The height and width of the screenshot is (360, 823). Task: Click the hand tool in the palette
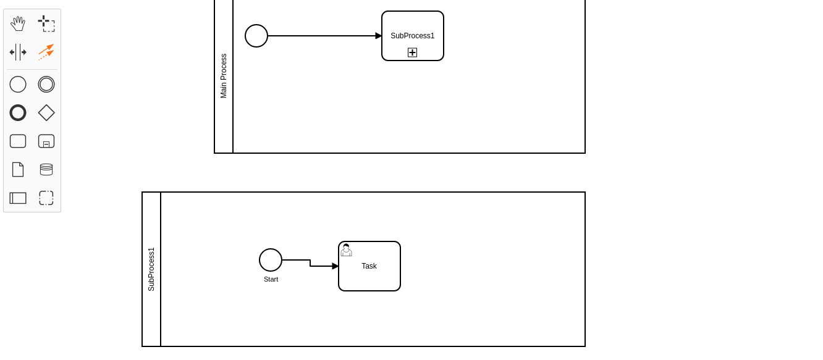click(x=18, y=23)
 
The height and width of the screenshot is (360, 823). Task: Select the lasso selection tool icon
click(x=46, y=23)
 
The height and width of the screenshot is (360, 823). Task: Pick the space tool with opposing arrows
click(x=18, y=52)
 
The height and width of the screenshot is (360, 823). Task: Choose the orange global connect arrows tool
click(x=46, y=52)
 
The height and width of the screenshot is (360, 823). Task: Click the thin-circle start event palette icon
click(x=18, y=84)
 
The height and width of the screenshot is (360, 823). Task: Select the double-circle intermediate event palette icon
click(x=46, y=84)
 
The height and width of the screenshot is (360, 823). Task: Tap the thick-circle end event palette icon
click(x=18, y=113)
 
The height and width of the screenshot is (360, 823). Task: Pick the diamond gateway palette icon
click(x=46, y=113)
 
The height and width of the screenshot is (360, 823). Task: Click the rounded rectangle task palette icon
click(x=18, y=141)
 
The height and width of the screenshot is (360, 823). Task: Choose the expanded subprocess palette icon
click(x=46, y=141)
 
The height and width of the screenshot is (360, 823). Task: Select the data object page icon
click(x=18, y=169)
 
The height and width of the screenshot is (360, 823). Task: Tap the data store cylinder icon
click(x=46, y=169)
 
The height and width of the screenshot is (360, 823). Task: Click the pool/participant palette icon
click(x=18, y=198)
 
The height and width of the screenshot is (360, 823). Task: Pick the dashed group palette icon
click(x=46, y=198)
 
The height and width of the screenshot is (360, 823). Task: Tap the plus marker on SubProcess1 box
click(x=412, y=52)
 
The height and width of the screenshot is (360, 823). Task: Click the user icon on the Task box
click(x=346, y=250)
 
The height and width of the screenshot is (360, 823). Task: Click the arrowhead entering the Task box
click(x=335, y=266)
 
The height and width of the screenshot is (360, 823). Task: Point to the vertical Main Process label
click(x=224, y=76)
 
